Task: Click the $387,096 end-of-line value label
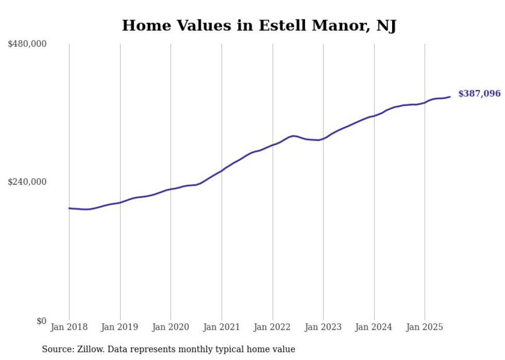point(479,94)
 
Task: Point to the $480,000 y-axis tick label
point(27,44)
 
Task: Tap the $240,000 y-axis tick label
point(27,182)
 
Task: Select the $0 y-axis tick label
point(41,321)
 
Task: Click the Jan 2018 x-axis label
point(69,327)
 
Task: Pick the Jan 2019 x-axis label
point(120,327)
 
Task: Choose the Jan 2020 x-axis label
point(171,327)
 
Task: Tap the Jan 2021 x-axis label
point(222,327)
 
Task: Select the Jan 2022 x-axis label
point(273,327)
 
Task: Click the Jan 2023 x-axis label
point(323,327)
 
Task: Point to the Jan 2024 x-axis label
point(374,327)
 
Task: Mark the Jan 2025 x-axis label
point(425,327)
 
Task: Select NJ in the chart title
point(386,25)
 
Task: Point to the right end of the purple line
point(450,96)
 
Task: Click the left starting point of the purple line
point(69,208)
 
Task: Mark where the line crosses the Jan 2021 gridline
point(222,170)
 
